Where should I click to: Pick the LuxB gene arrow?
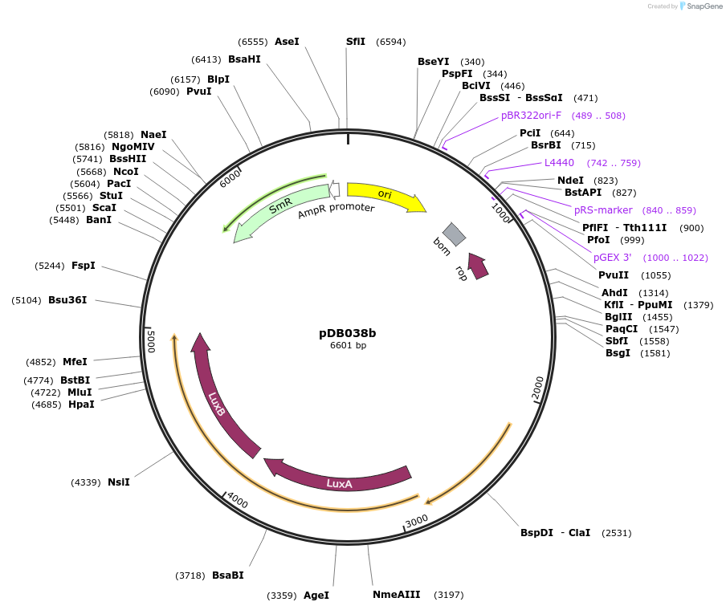click(x=218, y=401)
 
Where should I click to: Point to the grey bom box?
click(x=454, y=234)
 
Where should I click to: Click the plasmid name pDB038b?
click(x=348, y=332)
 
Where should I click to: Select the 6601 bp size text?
click(x=348, y=346)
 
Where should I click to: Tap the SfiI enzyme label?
click(x=356, y=41)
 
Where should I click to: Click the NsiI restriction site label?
click(x=118, y=482)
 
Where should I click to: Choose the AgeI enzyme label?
click(x=316, y=596)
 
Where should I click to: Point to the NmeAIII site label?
click(x=396, y=595)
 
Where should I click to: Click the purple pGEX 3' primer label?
click(x=612, y=258)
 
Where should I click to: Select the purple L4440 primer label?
click(x=559, y=163)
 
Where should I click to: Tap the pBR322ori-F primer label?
click(x=531, y=116)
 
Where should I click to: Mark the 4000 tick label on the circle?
click(x=238, y=501)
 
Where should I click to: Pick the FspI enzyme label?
click(x=84, y=265)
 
